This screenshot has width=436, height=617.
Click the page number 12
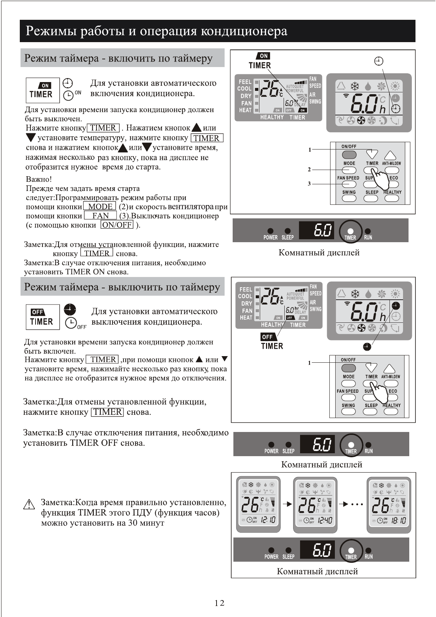[219, 603]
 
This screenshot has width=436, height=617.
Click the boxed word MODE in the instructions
[100, 207]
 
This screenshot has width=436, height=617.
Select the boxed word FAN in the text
[100, 216]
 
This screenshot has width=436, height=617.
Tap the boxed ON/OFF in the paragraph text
[117, 225]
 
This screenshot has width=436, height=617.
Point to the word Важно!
[39, 179]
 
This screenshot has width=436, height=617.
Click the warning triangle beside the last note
[29, 505]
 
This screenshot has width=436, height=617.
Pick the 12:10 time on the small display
[268, 520]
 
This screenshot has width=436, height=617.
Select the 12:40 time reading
[325, 520]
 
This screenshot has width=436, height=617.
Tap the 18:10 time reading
[399, 520]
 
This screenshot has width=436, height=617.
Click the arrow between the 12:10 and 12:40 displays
[287, 504]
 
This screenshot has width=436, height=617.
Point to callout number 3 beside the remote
[309, 184]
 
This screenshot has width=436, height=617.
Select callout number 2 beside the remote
[309, 170]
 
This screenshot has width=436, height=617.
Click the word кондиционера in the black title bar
[244, 31]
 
